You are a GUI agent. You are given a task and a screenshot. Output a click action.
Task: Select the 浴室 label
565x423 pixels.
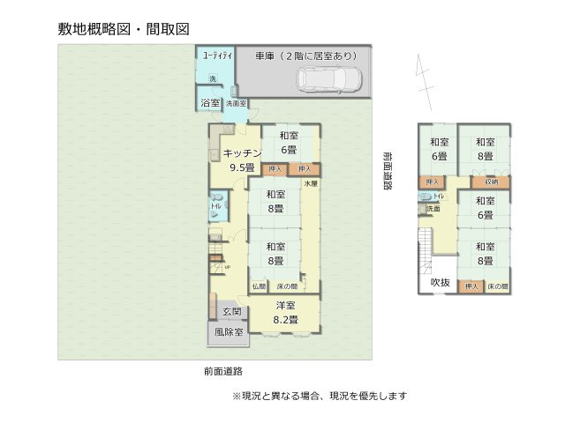coord(209,103)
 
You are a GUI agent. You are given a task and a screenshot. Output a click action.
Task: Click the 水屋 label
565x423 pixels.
coord(310,183)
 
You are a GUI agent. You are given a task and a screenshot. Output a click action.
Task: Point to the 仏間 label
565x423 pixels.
coord(259,286)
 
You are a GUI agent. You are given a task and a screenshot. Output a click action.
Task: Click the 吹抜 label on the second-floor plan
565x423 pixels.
coord(440,282)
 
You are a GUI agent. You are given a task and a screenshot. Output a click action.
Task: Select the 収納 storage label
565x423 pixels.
coord(491,182)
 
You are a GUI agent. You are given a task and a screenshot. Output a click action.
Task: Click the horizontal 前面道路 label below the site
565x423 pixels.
coord(222,371)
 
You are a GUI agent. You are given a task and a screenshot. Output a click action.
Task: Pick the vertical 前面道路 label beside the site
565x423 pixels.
coord(387,170)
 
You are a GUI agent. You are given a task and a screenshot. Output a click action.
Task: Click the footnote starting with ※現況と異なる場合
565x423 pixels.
coord(319,396)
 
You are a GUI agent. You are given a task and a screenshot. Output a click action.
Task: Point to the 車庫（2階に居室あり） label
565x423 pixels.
coord(306,56)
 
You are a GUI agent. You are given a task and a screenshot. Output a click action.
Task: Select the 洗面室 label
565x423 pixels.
coord(236,104)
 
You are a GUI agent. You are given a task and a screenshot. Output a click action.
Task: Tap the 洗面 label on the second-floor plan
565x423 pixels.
coord(433,210)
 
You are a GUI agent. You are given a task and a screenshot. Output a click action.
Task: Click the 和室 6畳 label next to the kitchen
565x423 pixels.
coord(288,142)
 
